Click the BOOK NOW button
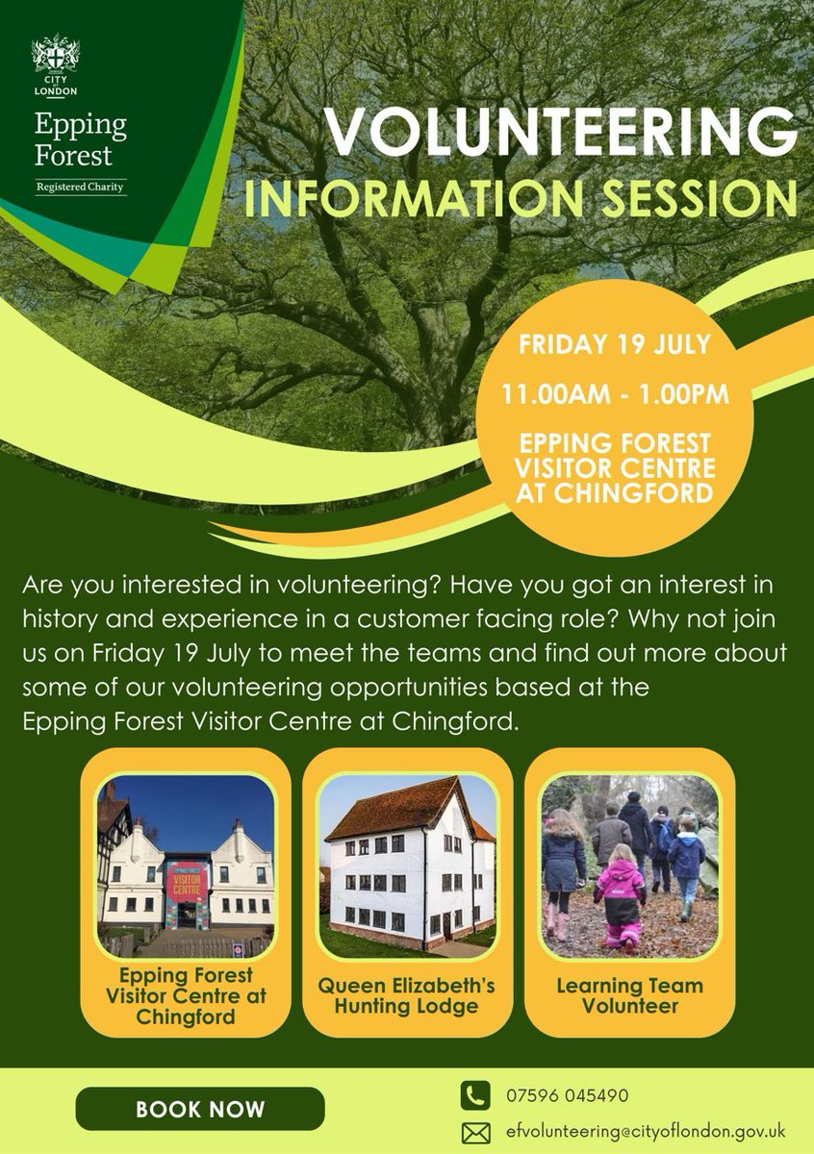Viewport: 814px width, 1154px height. tap(200, 1109)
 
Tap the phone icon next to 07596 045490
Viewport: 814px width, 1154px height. tap(474, 1095)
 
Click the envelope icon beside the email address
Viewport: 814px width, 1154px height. tap(474, 1133)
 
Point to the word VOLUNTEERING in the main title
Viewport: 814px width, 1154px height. tap(559, 130)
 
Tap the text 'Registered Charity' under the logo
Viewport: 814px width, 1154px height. tap(80, 187)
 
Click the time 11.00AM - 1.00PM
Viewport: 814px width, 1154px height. tap(616, 394)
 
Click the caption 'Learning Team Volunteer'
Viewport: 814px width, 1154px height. tap(630, 996)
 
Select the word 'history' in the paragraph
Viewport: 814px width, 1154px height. tap(58, 615)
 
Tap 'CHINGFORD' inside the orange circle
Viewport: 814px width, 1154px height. tap(617, 493)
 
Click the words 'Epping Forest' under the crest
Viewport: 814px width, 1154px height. tap(81, 140)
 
